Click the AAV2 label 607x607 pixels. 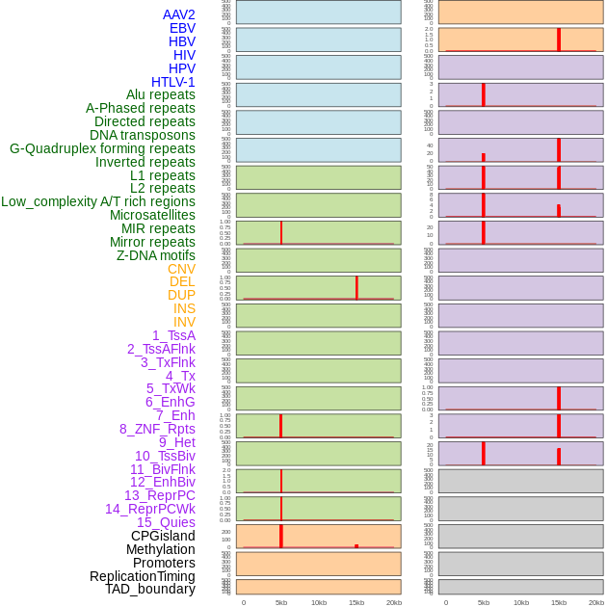click(x=178, y=14)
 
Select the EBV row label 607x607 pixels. click(x=182, y=28)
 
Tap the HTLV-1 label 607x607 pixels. click(x=172, y=82)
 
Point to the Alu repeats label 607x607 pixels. click(x=161, y=94)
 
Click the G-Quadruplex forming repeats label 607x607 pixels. click(x=102, y=148)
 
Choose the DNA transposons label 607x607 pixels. click(x=143, y=135)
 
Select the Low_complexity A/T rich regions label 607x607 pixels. click(x=98, y=201)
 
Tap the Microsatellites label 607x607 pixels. click(x=152, y=215)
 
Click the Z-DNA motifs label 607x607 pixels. click(x=156, y=255)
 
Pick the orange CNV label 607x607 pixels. click(x=181, y=269)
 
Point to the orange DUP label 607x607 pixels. click(x=181, y=295)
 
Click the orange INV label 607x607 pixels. click(x=184, y=322)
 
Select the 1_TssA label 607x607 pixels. click(x=173, y=335)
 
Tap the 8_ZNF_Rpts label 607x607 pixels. click(x=157, y=429)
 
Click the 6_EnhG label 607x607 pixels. click(x=171, y=402)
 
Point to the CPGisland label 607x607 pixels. click(x=163, y=536)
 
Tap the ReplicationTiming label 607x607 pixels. click(x=143, y=576)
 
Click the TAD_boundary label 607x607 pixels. click(x=150, y=589)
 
